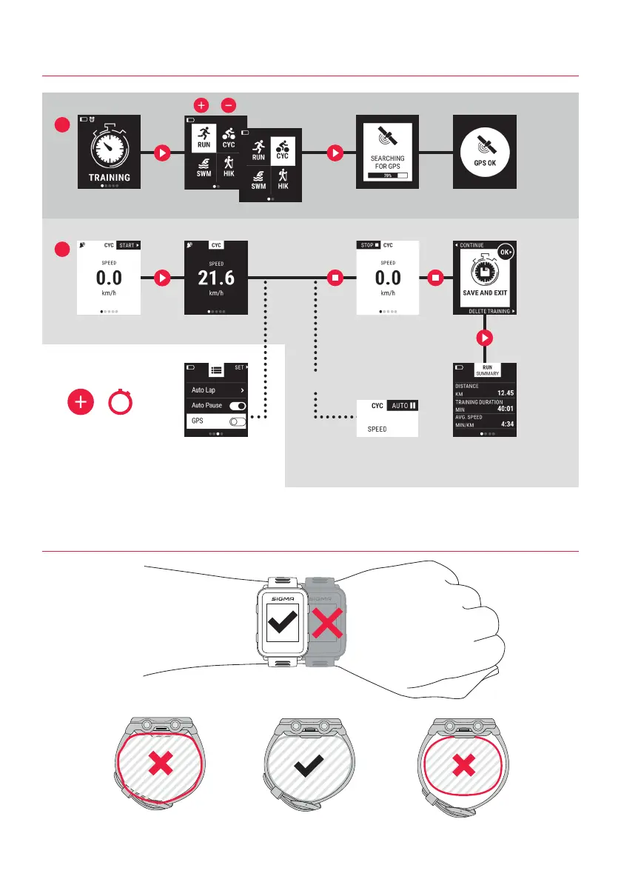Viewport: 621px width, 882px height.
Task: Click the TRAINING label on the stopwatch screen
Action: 110,177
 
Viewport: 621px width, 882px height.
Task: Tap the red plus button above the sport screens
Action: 201,105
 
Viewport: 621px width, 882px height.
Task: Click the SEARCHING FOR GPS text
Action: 387,163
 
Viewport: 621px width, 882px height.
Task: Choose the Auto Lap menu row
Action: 215,390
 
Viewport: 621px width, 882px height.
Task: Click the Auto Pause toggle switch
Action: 238,406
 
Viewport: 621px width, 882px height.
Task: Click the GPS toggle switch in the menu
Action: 238,421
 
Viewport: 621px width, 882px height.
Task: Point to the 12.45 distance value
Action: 506,393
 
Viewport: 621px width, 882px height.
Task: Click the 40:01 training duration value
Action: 505,409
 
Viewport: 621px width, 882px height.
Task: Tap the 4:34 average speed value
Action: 508,424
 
